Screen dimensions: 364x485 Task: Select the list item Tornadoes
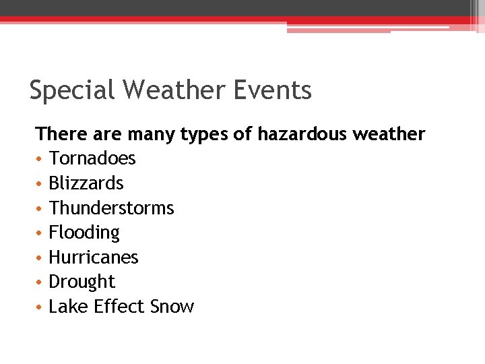click(92, 158)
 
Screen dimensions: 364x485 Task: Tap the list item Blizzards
click(86, 183)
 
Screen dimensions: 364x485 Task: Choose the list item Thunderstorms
click(111, 208)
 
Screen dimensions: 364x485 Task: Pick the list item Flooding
click(84, 233)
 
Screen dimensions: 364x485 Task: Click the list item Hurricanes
click(94, 257)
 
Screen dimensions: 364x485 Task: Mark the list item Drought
click(82, 282)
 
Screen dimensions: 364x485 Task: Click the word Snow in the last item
click(172, 307)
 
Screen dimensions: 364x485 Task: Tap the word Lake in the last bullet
click(68, 307)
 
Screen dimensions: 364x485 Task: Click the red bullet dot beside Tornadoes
click(40, 159)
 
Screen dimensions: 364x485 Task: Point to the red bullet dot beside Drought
click(40, 282)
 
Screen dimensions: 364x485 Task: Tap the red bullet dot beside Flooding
click(40, 233)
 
